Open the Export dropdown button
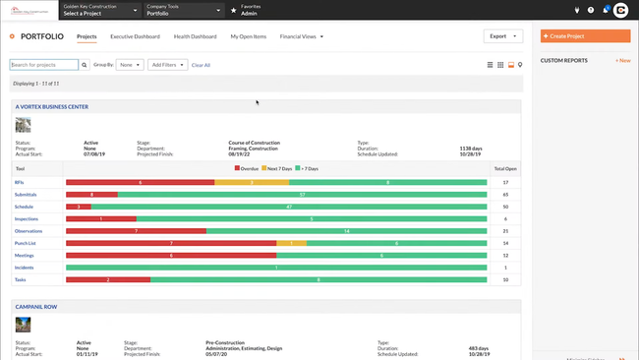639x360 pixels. tap(502, 36)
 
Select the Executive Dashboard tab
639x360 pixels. tap(135, 36)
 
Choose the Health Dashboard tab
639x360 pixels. tap(195, 36)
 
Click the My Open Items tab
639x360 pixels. tap(248, 36)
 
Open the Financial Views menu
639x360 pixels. tap(301, 36)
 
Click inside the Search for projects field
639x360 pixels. tap(44, 65)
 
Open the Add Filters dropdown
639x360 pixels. tap(167, 65)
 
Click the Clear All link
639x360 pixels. tap(201, 65)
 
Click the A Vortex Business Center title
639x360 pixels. tap(52, 105)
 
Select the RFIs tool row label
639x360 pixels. tap(20, 182)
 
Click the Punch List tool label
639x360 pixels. tap(25, 243)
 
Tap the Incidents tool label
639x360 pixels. tap(24, 268)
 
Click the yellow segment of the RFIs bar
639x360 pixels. tap(252, 182)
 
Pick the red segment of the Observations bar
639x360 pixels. tap(136, 231)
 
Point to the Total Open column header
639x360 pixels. tap(504, 169)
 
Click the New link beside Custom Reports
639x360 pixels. tap(622, 60)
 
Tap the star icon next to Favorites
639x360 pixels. tap(233, 10)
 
